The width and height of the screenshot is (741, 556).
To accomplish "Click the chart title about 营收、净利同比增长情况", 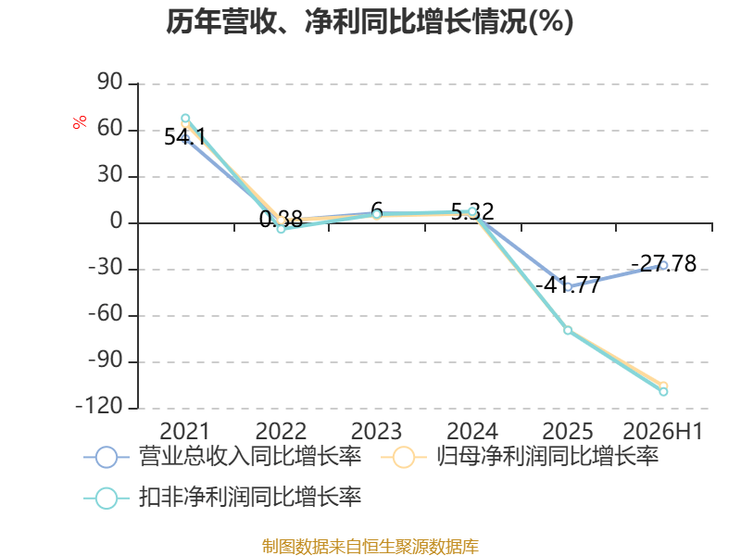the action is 370,21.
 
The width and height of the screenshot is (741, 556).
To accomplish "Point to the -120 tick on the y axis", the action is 99,406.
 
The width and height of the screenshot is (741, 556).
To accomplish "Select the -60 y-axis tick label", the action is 106,313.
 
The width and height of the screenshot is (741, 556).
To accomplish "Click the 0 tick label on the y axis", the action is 117,221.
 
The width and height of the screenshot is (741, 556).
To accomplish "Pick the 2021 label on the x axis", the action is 184,431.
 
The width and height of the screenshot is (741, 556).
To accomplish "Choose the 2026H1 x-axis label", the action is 663,431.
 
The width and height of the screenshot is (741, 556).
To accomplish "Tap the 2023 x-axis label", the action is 376,431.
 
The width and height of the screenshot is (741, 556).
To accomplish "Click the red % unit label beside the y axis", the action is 80,121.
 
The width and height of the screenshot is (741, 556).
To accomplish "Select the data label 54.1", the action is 184,137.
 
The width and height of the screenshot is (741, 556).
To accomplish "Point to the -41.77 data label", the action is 568,284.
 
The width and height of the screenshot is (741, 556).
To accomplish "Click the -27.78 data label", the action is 663,263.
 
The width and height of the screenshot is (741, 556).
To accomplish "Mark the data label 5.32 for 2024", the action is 472,211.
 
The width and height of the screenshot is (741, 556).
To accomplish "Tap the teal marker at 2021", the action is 185,119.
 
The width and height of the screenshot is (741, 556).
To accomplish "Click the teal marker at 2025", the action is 568,330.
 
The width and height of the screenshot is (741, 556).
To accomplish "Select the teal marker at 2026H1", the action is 663,391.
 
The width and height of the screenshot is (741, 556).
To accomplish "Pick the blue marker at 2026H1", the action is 663,265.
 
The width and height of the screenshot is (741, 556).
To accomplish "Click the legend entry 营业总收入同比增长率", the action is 222,457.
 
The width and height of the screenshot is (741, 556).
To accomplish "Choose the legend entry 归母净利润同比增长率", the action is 520,457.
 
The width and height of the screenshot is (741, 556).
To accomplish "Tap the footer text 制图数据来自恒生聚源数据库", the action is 370,546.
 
